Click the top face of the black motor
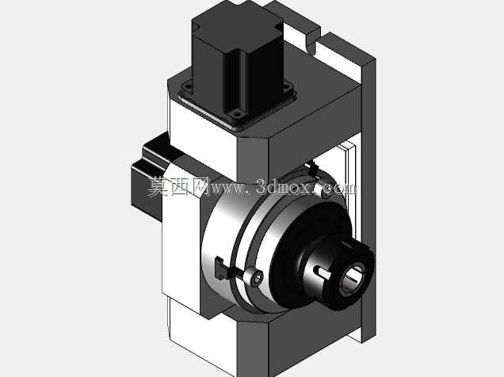(x=237, y=26)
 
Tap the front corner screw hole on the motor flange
(x=238, y=113)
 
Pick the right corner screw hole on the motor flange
(x=286, y=86)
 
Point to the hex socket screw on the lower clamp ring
(x=255, y=277)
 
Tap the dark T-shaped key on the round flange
(x=221, y=268)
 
